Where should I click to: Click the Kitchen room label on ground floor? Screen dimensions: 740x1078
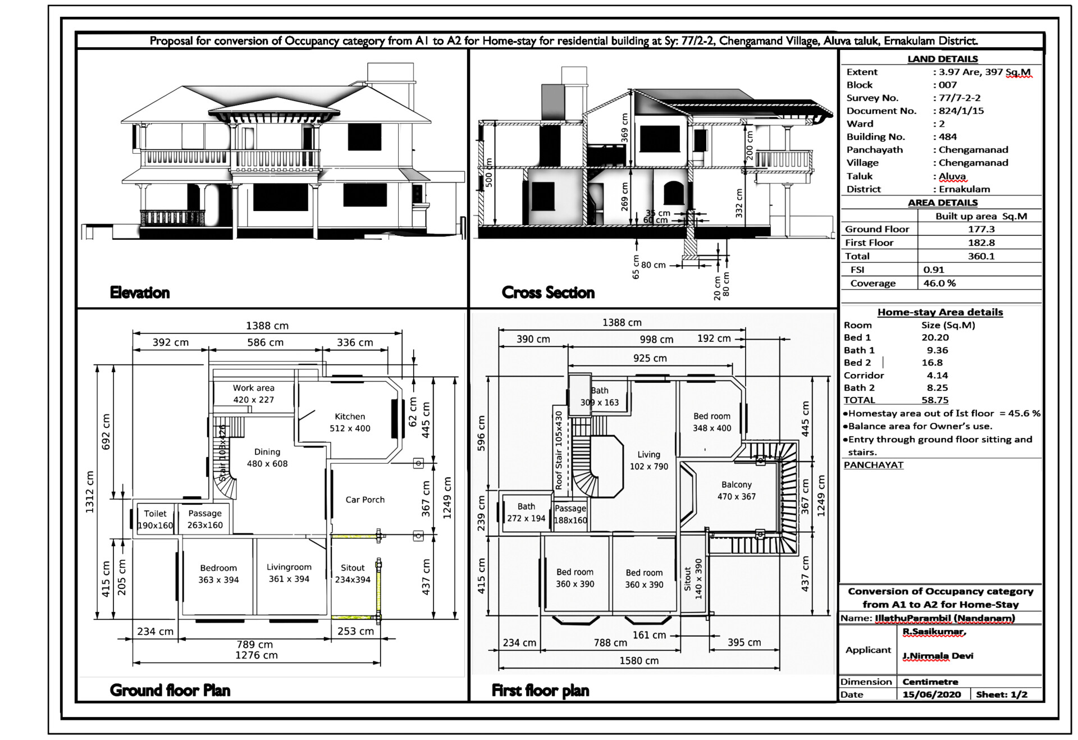click(350, 422)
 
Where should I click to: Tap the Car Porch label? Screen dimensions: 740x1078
click(365, 500)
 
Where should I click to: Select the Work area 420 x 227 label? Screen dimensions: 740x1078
click(254, 394)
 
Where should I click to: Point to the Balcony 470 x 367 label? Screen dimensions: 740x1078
click(736, 490)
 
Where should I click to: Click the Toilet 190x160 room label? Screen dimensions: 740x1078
click(156, 519)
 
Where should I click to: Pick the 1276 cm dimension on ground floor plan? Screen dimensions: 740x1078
click(256, 655)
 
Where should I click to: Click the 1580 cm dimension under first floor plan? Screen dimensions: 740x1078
click(639, 661)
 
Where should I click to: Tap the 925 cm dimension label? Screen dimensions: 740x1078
click(650, 358)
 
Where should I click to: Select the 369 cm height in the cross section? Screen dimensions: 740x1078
click(625, 127)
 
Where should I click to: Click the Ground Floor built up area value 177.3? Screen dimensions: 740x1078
click(981, 229)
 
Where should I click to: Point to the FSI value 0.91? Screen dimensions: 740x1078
click(934, 270)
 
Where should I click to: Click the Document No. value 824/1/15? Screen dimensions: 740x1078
click(961, 111)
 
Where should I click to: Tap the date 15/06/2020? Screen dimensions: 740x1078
click(931, 695)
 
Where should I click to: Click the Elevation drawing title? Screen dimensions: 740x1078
click(140, 293)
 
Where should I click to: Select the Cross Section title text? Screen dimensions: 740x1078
click(548, 293)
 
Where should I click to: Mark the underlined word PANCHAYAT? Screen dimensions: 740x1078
click(874, 465)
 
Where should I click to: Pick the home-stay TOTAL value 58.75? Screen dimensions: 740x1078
click(935, 400)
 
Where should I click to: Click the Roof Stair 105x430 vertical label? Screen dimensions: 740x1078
click(559, 450)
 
